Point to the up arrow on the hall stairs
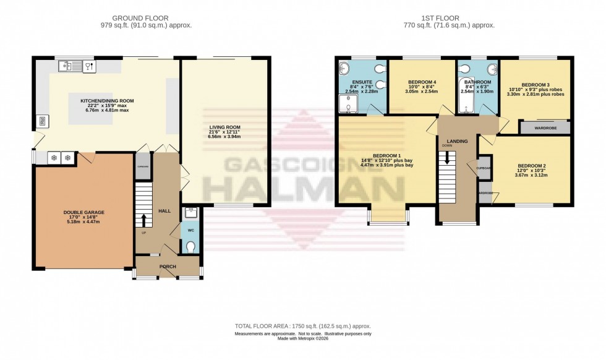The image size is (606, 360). point(144,221)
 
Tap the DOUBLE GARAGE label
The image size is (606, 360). point(84,212)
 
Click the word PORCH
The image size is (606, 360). point(168,267)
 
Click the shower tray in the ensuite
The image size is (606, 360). point(350,106)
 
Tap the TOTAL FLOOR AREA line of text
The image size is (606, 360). point(303,326)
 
